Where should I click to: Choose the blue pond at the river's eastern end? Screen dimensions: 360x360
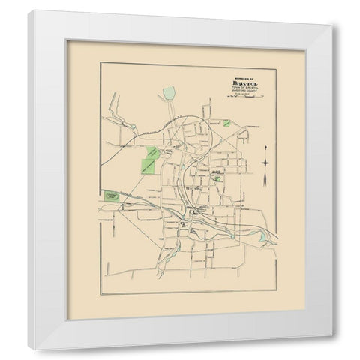pos(263,238)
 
